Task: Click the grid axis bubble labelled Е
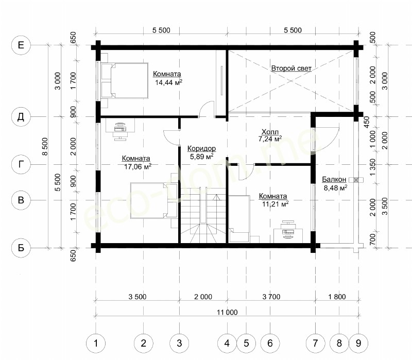coord(21,45)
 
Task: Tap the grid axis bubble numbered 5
coord(246,343)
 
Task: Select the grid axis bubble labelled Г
coord(21,164)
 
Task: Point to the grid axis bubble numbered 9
coord(358,343)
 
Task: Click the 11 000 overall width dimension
coord(227,312)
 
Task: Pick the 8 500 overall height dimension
coord(45,146)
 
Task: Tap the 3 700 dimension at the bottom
coord(271,297)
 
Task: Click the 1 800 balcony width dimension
coord(337,297)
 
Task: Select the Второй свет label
coord(291,68)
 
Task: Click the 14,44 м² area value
coord(168,82)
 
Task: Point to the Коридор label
coord(201,148)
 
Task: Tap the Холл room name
coord(270,132)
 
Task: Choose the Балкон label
coord(334,179)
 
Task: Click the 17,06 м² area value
coord(138,166)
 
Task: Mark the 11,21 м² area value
coord(275,203)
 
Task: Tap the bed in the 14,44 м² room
coord(125,80)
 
